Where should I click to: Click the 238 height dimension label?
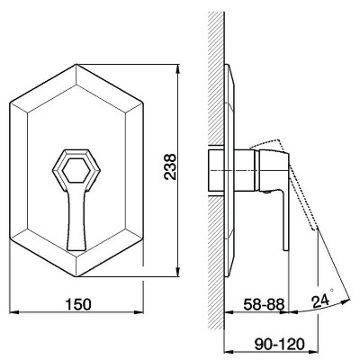[170, 166]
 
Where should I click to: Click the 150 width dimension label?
[78, 304]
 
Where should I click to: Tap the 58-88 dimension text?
[264, 305]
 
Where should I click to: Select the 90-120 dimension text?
[279, 344]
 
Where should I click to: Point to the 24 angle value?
[320, 301]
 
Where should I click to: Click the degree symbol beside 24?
[332, 290]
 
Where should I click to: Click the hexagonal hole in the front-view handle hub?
[76, 170]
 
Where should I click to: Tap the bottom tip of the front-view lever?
[76, 250]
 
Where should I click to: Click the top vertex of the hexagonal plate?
[76, 64]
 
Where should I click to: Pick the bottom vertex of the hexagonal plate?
[76, 276]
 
